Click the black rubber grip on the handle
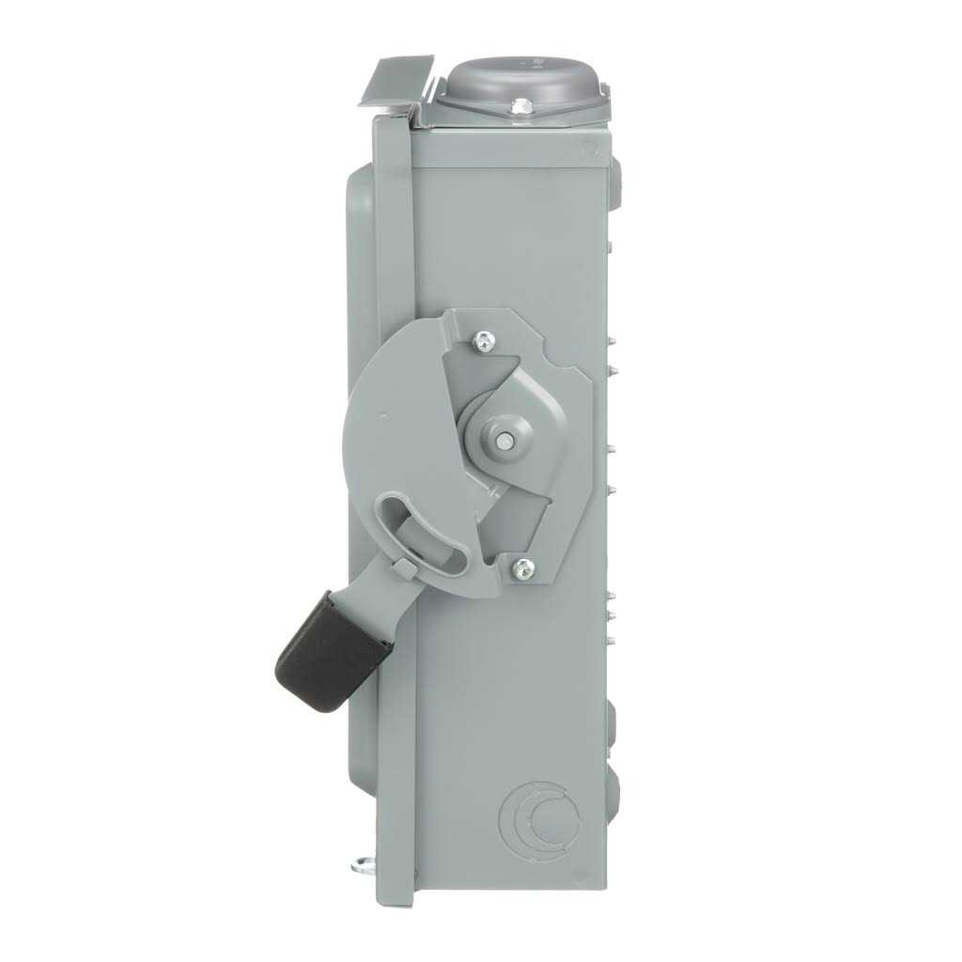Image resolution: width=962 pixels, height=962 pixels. point(331,651)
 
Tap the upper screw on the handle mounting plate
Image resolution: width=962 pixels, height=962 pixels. point(485,341)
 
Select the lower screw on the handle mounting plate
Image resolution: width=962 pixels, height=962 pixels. point(523,566)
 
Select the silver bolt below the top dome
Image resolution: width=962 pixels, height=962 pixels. point(520,109)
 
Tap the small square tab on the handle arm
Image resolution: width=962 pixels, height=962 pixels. point(403,568)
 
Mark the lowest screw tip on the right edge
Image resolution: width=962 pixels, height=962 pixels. point(611,642)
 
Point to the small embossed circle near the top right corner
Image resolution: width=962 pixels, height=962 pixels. point(589,147)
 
